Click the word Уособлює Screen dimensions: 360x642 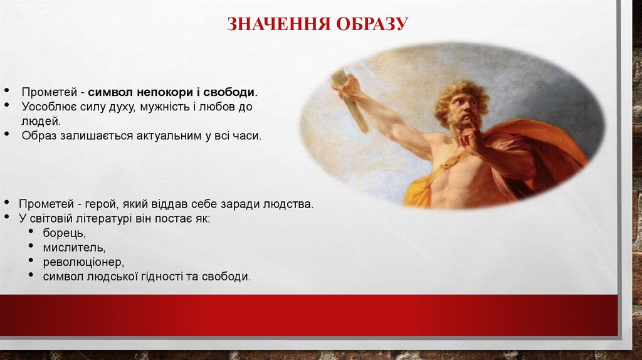pos(46,107)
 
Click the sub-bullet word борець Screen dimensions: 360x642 pos(64,233)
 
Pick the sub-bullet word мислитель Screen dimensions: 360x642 pos(70,248)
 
